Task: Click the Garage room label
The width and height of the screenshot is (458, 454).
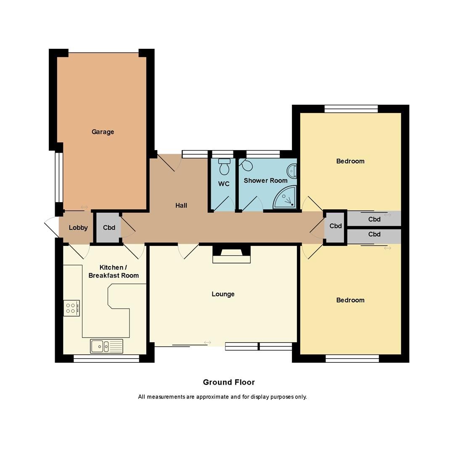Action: pyautogui.click(x=103, y=132)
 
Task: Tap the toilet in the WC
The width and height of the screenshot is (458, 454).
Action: pyautogui.click(x=224, y=167)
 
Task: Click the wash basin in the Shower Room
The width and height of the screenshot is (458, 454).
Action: pyautogui.click(x=292, y=171)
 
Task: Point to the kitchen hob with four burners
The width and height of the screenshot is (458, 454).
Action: pyautogui.click(x=71, y=308)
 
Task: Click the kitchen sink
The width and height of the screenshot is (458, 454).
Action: pyautogui.click(x=106, y=346)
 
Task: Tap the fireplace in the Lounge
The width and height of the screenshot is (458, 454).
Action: pyautogui.click(x=231, y=255)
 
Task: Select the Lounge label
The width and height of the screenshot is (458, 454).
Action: pyautogui.click(x=223, y=294)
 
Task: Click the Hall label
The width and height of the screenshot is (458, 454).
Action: pyautogui.click(x=181, y=206)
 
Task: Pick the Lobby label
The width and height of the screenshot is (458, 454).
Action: pyautogui.click(x=78, y=228)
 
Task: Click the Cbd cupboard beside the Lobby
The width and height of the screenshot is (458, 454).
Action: pyautogui.click(x=109, y=228)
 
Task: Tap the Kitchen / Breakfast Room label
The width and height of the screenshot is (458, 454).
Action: pyautogui.click(x=114, y=272)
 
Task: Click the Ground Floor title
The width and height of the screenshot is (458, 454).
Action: pyautogui.click(x=229, y=382)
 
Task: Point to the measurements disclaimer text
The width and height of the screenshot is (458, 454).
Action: pyautogui.click(x=222, y=397)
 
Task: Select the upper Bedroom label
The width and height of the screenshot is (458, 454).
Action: pyautogui.click(x=350, y=161)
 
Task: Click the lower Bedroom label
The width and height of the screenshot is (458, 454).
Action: pyautogui.click(x=350, y=300)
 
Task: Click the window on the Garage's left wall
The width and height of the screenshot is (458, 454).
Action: pyautogui.click(x=59, y=177)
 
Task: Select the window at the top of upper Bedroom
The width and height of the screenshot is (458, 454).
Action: pyautogui.click(x=351, y=109)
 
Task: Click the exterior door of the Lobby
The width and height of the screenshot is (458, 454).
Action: pyautogui.click(x=51, y=227)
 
